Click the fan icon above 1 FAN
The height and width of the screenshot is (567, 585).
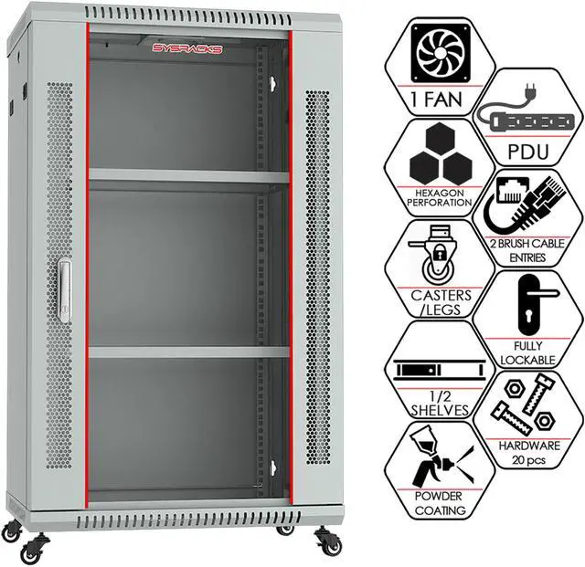tap(431, 53)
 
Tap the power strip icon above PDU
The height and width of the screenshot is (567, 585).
tap(526, 120)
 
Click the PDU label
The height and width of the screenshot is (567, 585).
tap(528, 150)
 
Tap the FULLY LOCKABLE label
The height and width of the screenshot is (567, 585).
tap(527, 353)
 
